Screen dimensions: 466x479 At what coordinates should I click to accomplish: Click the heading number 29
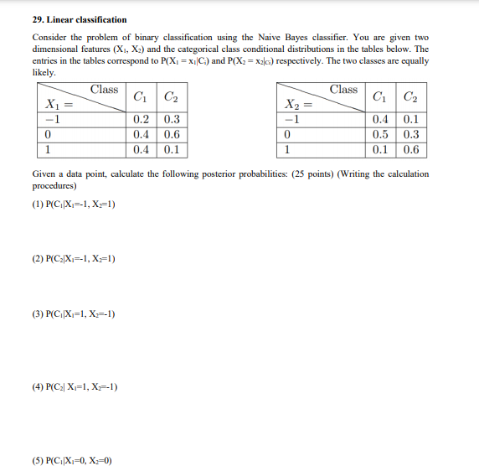point(38,19)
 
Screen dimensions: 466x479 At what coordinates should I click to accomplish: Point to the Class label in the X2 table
point(343,89)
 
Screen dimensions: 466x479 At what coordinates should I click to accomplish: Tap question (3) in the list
point(73,314)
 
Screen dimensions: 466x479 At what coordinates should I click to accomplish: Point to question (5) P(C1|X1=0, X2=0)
point(72,460)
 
